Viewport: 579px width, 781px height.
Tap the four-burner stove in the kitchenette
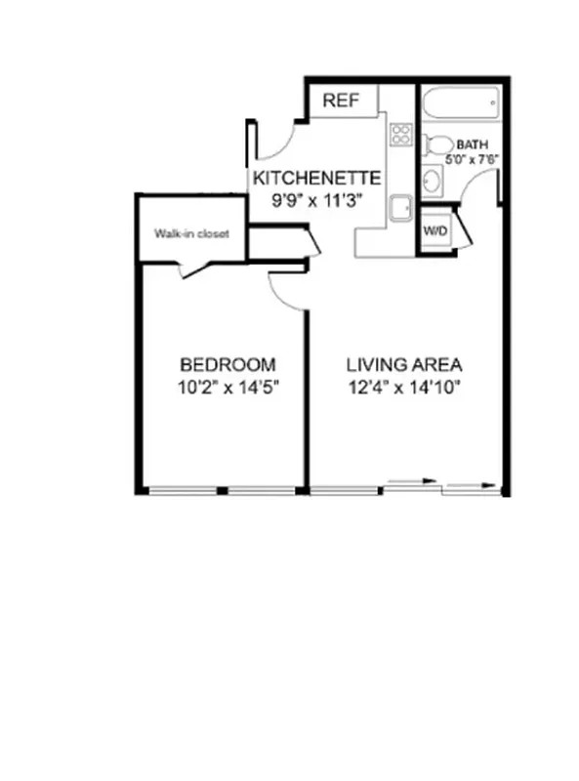(x=399, y=135)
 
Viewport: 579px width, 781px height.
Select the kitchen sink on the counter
(x=399, y=208)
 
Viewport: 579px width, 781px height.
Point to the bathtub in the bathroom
(x=460, y=103)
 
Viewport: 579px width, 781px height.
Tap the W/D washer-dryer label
(x=434, y=231)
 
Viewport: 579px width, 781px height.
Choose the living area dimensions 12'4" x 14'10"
(x=404, y=386)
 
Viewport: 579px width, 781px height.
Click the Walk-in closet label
(x=191, y=234)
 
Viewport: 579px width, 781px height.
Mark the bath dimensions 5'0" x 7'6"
(x=473, y=157)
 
